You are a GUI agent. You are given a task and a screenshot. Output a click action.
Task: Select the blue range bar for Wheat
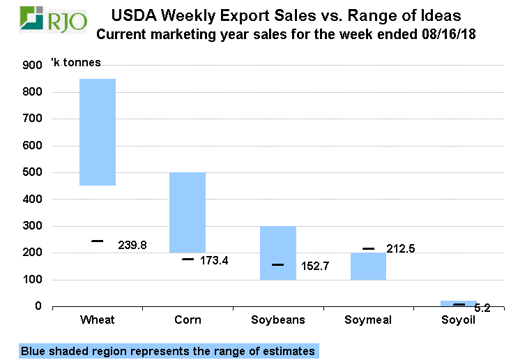[98, 132]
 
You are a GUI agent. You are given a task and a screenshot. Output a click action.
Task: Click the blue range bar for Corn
[188, 212]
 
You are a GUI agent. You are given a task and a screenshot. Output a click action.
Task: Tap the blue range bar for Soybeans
[278, 253]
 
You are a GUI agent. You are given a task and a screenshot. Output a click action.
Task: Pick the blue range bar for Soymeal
[368, 266]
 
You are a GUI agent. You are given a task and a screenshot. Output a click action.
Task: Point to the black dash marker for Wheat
[98, 241]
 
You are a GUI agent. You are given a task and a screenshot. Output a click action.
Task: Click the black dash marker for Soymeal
[368, 249]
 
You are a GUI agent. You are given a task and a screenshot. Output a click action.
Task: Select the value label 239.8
[132, 245]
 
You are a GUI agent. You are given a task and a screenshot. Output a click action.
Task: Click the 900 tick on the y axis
[32, 65]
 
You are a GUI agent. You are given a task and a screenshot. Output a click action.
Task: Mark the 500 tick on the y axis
[32, 172]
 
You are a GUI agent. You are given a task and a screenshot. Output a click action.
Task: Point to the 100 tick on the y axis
[32, 280]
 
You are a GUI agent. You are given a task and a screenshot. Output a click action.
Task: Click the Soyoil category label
[459, 320]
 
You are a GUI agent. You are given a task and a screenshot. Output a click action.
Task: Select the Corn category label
[188, 320]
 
